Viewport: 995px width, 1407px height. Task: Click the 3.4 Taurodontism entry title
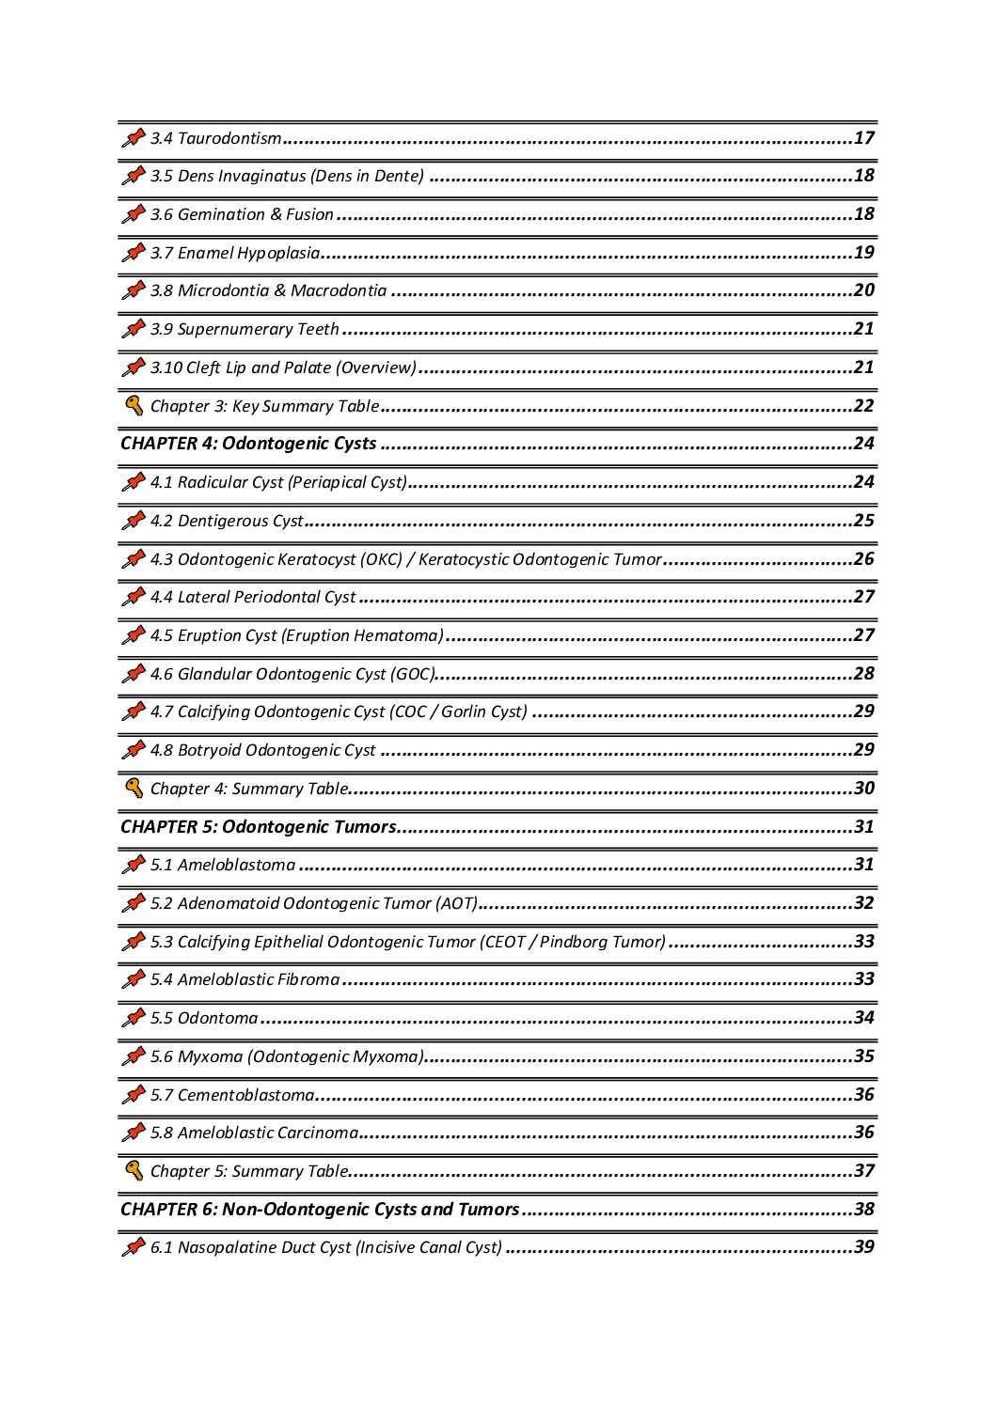click(215, 139)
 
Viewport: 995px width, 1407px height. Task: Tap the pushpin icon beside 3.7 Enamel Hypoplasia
click(134, 253)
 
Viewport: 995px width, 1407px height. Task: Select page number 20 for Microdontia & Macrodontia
click(863, 290)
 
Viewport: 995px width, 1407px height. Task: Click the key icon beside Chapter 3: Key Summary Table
click(134, 406)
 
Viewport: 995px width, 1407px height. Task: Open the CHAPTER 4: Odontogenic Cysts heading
click(248, 444)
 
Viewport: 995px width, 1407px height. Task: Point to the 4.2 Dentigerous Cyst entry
click(227, 521)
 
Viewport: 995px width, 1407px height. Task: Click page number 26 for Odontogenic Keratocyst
click(863, 559)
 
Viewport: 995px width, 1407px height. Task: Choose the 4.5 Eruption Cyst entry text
click(296, 635)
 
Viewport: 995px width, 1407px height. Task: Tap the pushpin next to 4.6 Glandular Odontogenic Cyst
click(134, 674)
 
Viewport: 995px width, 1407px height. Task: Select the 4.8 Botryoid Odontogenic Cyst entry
click(262, 750)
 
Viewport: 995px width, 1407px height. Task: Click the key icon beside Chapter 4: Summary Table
click(134, 789)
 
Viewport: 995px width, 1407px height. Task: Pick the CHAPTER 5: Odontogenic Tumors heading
click(258, 827)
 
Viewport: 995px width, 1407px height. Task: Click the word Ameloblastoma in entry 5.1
click(236, 865)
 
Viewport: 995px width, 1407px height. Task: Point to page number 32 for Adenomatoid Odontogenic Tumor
click(863, 903)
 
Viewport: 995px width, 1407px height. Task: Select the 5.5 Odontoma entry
click(203, 1018)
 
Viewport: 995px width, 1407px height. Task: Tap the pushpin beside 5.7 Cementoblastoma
click(134, 1095)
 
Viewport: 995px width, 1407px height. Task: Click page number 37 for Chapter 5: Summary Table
click(863, 1171)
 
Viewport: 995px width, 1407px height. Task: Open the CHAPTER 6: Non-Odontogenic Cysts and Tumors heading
click(320, 1210)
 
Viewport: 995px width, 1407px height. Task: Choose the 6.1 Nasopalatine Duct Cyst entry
click(325, 1247)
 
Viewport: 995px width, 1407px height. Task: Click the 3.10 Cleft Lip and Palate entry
click(282, 367)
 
